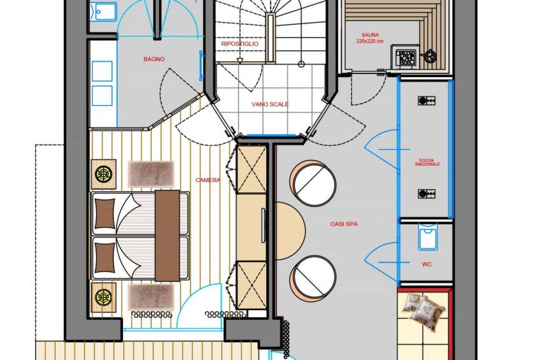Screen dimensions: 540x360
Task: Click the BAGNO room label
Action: click(154, 59)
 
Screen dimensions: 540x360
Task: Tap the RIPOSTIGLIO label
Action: click(239, 44)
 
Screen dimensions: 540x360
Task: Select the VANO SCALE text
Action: click(270, 104)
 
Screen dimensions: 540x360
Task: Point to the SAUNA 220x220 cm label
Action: click(370, 38)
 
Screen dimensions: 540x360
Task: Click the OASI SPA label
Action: click(344, 224)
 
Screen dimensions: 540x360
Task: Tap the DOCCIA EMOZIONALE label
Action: click(427, 162)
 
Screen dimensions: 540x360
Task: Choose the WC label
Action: click(427, 264)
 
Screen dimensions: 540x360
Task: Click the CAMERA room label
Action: click(208, 180)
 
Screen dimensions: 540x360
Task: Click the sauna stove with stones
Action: click(406, 57)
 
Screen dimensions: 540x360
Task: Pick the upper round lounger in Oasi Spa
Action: click(313, 184)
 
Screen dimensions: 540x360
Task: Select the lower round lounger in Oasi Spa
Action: click(313, 278)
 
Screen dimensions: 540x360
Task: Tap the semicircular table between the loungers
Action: click(290, 231)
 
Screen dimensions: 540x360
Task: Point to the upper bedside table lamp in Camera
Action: click(103, 173)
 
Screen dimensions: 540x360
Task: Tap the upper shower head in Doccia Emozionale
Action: click(427, 101)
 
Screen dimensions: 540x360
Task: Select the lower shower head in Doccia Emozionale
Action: click(427, 194)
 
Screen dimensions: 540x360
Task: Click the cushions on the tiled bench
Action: click(423, 309)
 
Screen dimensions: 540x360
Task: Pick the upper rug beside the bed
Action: click(151, 174)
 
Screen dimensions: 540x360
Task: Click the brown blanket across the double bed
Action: click(167, 235)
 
